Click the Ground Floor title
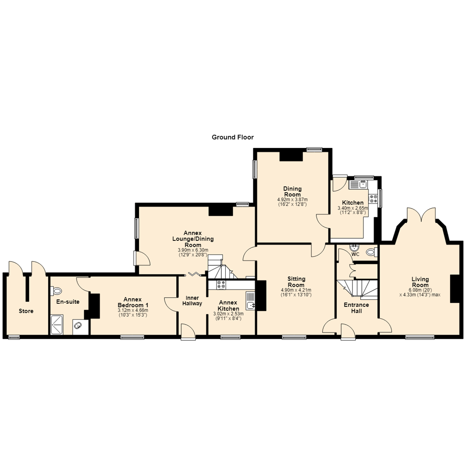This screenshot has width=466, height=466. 233,137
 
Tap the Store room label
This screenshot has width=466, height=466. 26,311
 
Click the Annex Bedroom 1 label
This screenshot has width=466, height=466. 133,302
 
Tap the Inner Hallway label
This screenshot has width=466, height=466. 192,301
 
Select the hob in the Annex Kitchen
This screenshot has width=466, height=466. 221,285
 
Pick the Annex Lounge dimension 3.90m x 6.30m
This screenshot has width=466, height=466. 193,250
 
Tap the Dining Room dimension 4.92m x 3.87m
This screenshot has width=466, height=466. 292,200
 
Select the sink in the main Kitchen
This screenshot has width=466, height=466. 359,184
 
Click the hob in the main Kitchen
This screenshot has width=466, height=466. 373,199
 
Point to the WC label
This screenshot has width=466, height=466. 356,255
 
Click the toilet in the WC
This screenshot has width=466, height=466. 371,252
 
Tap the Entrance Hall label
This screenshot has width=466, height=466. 356,308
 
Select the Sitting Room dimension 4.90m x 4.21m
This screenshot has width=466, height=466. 296,290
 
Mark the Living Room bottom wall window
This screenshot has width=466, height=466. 420,337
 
